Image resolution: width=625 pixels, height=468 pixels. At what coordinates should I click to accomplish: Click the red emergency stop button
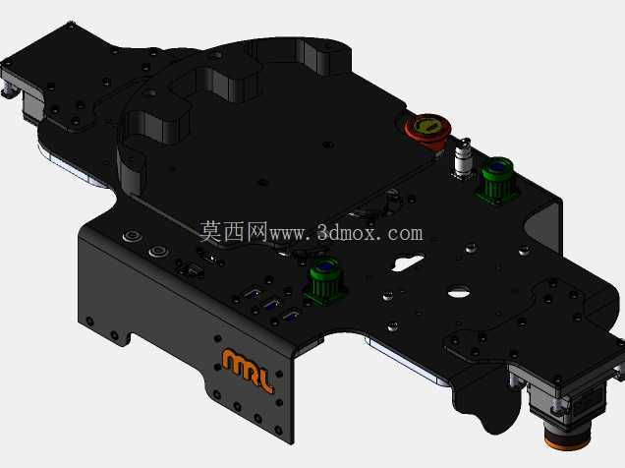pyautogui.click(x=427, y=130)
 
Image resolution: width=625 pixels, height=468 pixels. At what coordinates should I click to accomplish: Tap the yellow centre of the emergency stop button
pyautogui.click(x=428, y=126)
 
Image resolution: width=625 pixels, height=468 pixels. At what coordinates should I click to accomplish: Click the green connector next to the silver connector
pyautogui.click(x=496, y=180)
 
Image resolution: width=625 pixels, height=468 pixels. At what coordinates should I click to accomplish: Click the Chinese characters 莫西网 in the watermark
pyautogui.click(x=233, y=232)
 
